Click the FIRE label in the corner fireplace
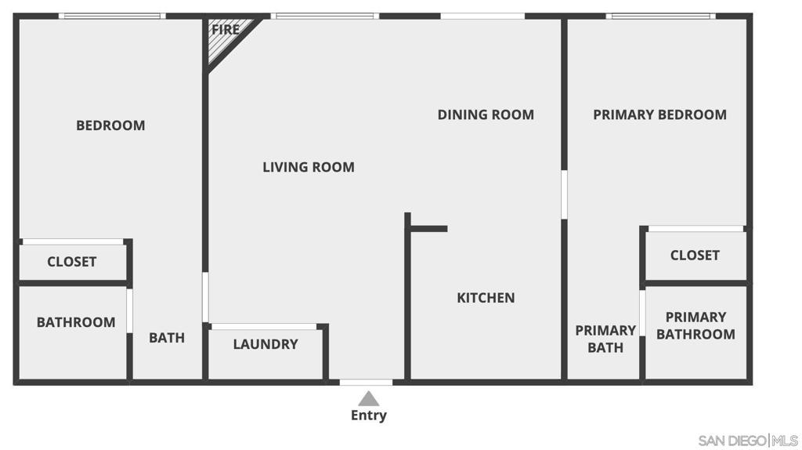pyautogui.click(x=225, y=29)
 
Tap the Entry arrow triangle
pyautogui.click(x=368, y=398)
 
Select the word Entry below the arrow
pyautogui.click(x=368, y=416)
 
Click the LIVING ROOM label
pyautogui.click(x=308, y=167)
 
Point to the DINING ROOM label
pyautogui.click(x=486, y=114)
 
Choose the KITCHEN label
pyautogui.click(x=486, y=298)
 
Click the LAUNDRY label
pyautogui.click(x=266, y=344)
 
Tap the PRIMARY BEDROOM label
pyautogui.click(x=659, y=114)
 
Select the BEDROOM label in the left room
pyautogui.click(x=110, y=125)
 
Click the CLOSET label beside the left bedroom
pyautogui.click(x=71, y=262)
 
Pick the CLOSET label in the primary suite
pyautogui.click(x=695, y=256)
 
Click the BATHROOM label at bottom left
pyautogui.click(x=75, y=322)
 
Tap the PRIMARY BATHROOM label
pyautogui.click(x=695, y=325)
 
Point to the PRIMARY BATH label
pyautogui.click(x=605, y=339)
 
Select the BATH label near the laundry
pyautogui.click(x=167, y=338)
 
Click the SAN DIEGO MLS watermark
pyautogui.click(x=748, y=440)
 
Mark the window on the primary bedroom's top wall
pyautogui.click(x=659, y=16)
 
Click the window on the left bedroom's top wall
pyautogui.click(x=111, y=16)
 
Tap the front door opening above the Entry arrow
pyautogui.click(x=366, y=382)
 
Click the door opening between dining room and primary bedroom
pyautogui.click(x=564, y=194)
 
